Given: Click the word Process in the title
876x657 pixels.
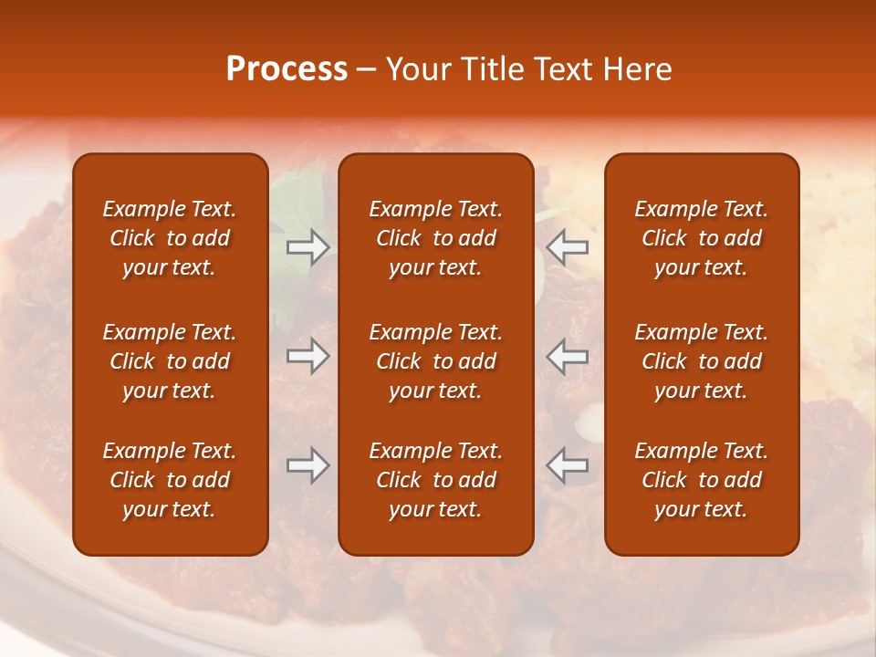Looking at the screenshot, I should [287, 69].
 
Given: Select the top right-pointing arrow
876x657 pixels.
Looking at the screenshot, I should [308, 247].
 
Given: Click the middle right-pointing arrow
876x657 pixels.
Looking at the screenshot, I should [308, 356].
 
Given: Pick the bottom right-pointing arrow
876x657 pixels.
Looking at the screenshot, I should [308, 465].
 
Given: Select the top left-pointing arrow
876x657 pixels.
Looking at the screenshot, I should [568, 247].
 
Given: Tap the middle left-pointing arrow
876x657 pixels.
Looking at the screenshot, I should [568, 356].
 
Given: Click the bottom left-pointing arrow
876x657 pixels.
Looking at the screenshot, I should [568, 465].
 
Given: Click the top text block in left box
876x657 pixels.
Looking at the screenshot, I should [170, 238].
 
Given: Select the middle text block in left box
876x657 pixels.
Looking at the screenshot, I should [170, 361].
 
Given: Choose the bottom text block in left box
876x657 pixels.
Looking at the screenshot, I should [170, 480].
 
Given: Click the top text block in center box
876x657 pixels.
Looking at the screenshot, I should [436, 238].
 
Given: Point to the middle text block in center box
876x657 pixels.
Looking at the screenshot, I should [436, 361].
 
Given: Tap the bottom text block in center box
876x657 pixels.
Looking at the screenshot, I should [436, 480].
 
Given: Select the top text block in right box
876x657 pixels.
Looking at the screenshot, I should [702, 238].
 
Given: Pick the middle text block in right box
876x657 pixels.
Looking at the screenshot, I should [702, 361].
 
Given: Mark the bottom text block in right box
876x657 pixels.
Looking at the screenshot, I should [702, 480].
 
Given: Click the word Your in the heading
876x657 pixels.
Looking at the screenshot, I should [420, 69].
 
